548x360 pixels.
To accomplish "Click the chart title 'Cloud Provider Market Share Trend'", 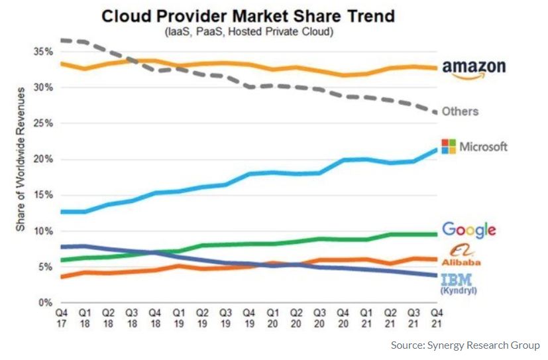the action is pyautogui.click(x=248, y=16).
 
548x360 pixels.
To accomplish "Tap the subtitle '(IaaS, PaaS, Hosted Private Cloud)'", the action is pyautogui.click(x=249, y=31).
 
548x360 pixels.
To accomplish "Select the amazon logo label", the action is pyautogui.click(x=474, y=69).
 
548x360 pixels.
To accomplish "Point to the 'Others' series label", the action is pyautogui.click(x=460, y=111).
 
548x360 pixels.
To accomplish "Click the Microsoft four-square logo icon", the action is pyautogui.click(x=449, y=147).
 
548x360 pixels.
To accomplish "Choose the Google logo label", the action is pyautogui.click(x=469, y=230).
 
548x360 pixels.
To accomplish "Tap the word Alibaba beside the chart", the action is pyautogui.click(x=461, y=262).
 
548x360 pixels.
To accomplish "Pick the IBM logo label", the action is pyautogui.click(x=457, y=280).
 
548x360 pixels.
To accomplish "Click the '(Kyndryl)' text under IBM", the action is pyautogui.click(x=459, y=290).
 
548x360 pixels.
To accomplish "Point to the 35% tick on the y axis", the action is pyautogui.click(x=43, y=52).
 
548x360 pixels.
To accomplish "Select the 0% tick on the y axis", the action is pyautogui.click(x=46, y=302).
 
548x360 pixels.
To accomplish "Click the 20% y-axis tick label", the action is pyautogui.click(x=43, y=159).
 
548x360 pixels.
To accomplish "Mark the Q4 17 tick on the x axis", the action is pyautogui.click(x=62, y=318).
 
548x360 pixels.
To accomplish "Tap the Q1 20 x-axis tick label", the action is pyautogui.click(x=272, y=318).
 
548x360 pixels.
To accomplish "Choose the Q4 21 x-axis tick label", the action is pyautogui.click(x=437, y=318).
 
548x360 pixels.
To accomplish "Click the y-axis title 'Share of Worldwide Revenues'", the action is pyautogui.click(x=21, y=159).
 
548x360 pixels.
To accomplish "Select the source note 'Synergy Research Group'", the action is pyautogui.click(x=484, y=345).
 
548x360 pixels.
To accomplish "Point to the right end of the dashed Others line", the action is pyautogui.click(x=436, y=112).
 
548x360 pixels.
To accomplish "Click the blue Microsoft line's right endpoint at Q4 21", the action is pyautogui.click(x=436, y=150).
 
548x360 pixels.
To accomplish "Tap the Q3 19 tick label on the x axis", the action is pyautogui.click(x=226, y=318).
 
